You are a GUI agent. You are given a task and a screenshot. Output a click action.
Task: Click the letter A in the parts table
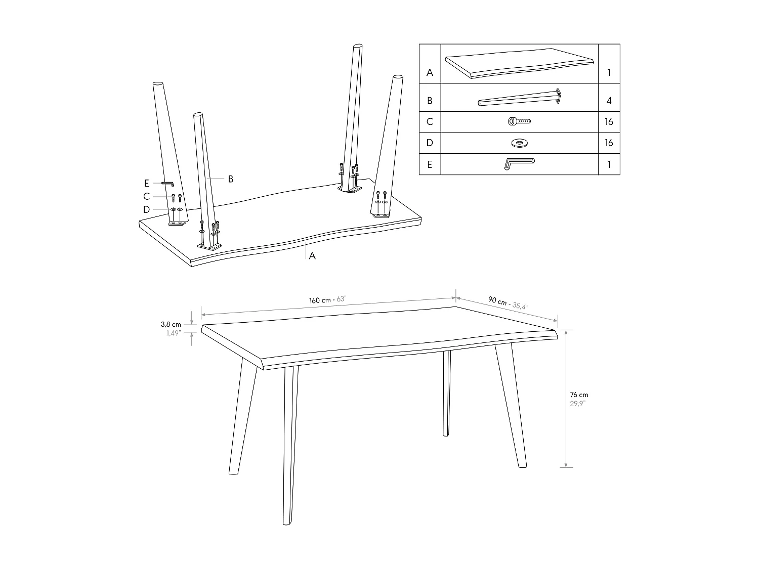click(x=430, y=72)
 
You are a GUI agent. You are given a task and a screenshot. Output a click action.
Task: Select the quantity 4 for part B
click(x=609, y=101)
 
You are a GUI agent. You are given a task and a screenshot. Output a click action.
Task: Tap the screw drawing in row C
click(x=519, y=121)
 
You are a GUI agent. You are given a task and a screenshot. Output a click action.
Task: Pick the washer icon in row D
click(x=519, y=143)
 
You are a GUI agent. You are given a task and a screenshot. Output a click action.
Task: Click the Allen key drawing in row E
click(x=519, y=164)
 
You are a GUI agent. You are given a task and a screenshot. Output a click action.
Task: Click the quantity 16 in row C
click(x=609, y=122)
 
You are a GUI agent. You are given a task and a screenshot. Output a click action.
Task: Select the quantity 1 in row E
click(x=609, y=164)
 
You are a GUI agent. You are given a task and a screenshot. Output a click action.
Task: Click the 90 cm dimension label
click(x=497, y=301)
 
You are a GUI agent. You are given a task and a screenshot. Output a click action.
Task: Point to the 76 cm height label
click(x=579, y=395)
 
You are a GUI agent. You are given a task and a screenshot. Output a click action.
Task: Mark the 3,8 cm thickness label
click(x=171, y=324)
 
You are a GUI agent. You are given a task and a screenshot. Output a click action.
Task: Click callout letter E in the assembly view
click(x=147, y=183)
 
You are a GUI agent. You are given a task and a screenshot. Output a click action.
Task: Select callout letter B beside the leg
click(x=230, y=179)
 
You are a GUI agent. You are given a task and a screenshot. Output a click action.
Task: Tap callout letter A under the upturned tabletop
click(x=312, y=256)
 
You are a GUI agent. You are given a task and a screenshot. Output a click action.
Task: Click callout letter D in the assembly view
click(x=147, y=209)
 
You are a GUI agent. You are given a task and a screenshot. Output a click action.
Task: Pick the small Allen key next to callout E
click(x=167, y=184)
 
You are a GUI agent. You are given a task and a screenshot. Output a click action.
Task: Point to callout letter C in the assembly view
click(x=147, y=196)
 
